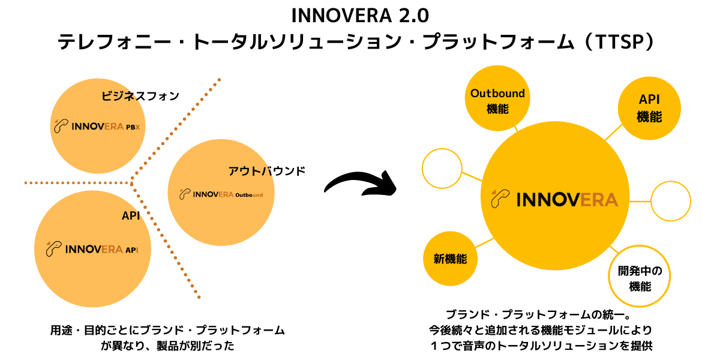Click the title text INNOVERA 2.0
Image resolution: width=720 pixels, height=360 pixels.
click(x=360, y=16)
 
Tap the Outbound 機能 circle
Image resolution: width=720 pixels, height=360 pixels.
click(x=497, y=98)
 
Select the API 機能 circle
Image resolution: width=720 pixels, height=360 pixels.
click(x=649, y=109)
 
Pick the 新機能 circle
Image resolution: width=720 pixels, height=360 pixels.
click(x=450, y=259)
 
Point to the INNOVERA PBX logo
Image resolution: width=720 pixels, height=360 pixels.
click(x=97, y=126)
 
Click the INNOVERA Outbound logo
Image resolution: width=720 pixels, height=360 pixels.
click(x=221, y=194)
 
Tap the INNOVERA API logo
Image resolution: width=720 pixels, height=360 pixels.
click(x=92, y=249)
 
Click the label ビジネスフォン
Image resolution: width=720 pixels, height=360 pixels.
click(x=140, y=96)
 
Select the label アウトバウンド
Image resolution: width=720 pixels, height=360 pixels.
click(x=267, y=171)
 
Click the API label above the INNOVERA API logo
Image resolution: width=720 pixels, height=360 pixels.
click(x=131, y=215)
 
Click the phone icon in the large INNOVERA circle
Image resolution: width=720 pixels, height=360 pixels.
click(x=500, y=199)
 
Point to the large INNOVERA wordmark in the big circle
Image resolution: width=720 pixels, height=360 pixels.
click(x=567, y=200)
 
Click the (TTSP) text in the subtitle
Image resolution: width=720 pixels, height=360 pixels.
click(x=620, y=42)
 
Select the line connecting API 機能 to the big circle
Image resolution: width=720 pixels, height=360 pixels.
click(x=614, y=133)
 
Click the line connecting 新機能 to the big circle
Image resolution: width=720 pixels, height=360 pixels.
click(x=484, y=242)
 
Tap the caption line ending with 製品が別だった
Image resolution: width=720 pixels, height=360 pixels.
click(x=167, y=346)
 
